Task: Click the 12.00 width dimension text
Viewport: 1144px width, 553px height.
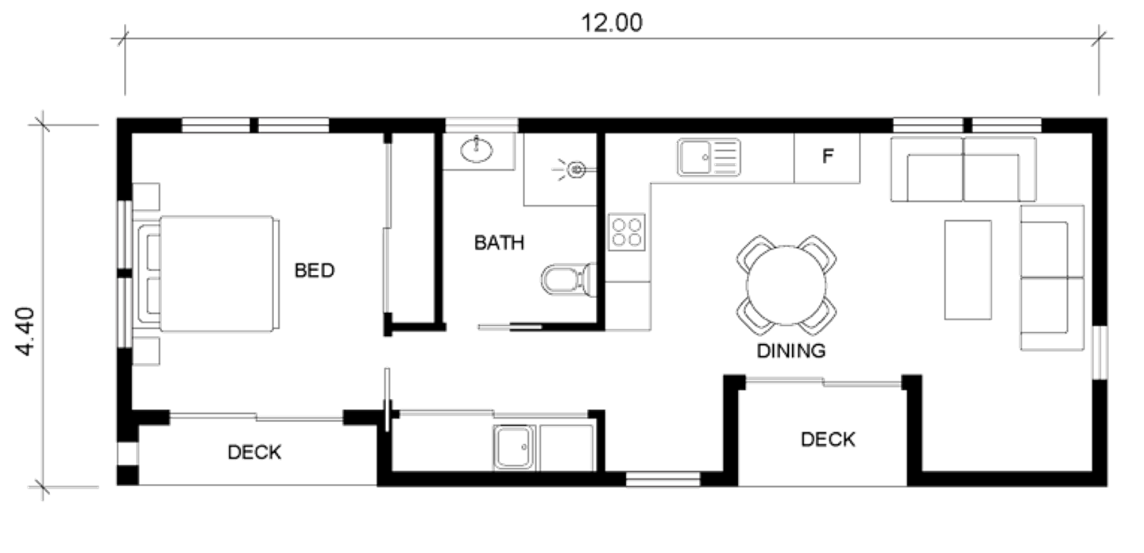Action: [612, 22]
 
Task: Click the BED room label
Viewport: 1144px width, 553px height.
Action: [315, 271]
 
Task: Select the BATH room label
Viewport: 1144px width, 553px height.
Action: [499, 242]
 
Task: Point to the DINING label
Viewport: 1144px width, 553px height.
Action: [790, 350]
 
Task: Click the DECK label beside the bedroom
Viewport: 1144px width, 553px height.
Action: [254, 453]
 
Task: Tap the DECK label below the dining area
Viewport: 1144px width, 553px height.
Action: [828, 439]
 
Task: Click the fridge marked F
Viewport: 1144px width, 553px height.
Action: [827, 157]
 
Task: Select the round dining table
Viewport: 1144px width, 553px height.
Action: [785, 282]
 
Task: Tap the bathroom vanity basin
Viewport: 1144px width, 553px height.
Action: [477, 149]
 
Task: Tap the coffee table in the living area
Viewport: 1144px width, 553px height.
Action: [968, 270]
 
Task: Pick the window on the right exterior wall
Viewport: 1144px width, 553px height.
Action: [1100, 352]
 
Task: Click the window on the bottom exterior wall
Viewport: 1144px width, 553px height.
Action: [663, 479]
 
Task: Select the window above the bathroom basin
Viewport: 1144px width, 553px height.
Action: [481, 125]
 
